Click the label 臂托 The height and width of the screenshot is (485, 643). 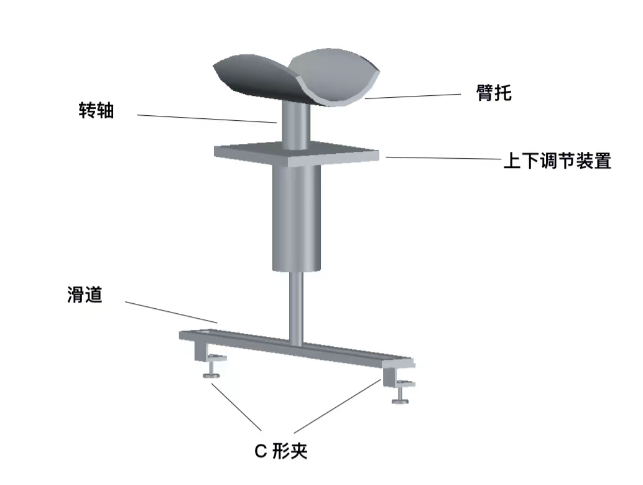point(494,93)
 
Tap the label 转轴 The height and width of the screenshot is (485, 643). point(96,110)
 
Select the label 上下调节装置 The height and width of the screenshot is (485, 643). point(557,161)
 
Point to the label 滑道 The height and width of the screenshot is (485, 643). point(85,295)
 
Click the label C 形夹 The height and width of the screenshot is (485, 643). point(281,451)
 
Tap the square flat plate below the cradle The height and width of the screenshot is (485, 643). point(297,154)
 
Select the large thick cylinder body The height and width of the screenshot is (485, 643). point(297,219)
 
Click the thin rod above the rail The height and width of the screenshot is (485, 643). point(297,308)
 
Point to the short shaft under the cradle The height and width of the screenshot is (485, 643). point(296,125)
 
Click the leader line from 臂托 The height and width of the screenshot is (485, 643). point(412,96)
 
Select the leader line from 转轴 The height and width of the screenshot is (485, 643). point(206,119)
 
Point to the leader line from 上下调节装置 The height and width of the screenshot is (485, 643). point(444,158)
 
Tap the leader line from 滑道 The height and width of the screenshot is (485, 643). point(171,313)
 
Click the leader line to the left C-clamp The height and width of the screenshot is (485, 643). point(236,407)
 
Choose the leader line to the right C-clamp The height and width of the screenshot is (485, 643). point(338,406)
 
